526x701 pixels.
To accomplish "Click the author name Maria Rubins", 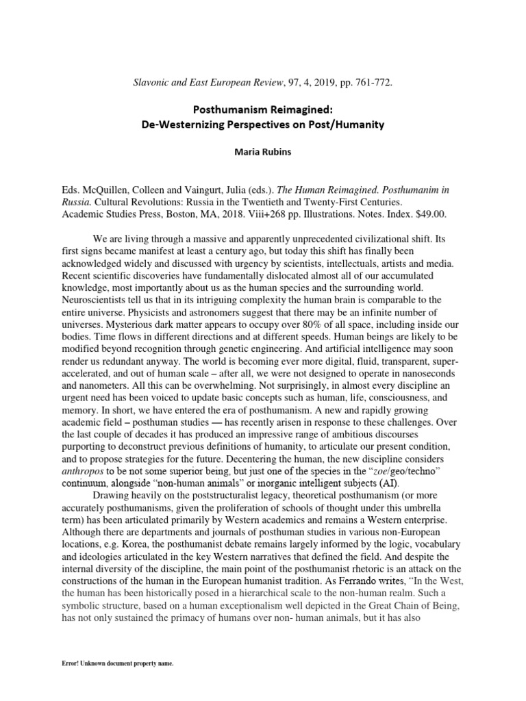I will pos(263,153).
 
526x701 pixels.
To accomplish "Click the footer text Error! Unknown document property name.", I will pos(115,663).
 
